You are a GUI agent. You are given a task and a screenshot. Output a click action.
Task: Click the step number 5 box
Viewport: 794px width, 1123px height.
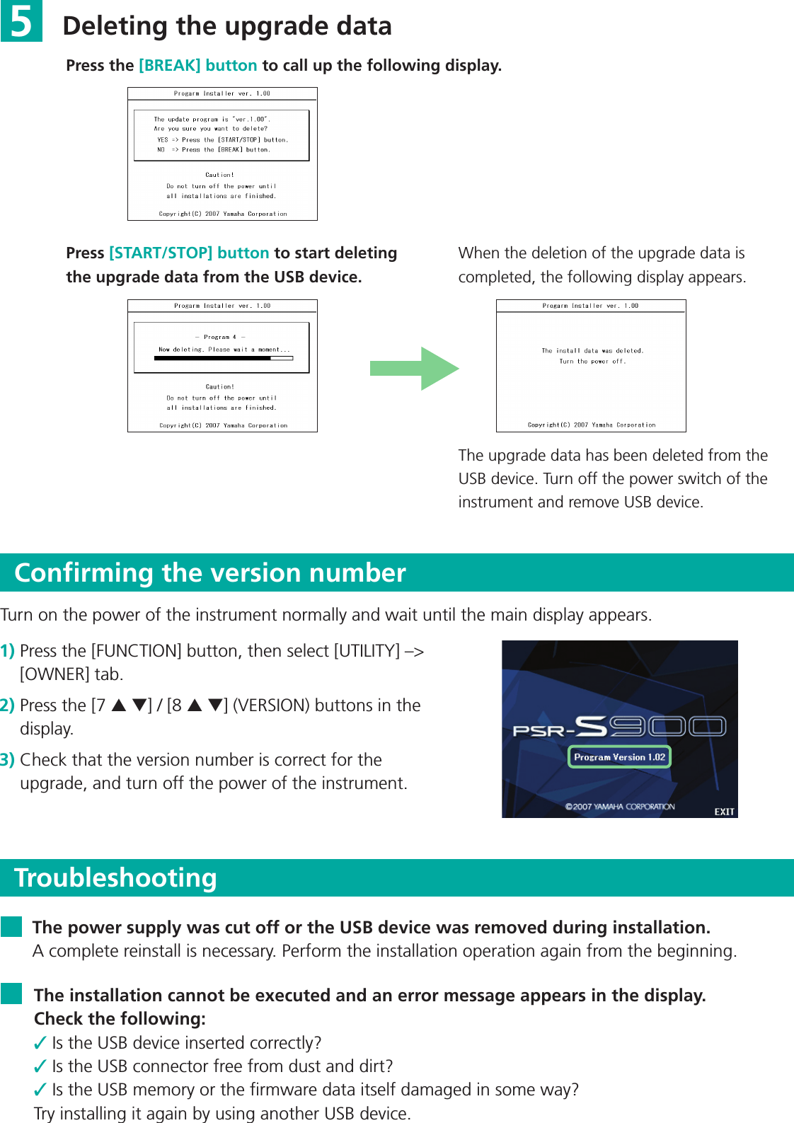[x=21, y=21]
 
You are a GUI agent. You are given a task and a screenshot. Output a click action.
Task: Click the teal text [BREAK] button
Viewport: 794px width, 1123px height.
[x=197, y=66]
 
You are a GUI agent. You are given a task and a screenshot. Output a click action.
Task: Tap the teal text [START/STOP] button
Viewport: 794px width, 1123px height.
[x=189, y=253]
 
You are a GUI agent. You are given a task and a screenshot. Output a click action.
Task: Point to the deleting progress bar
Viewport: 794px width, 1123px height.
[x=223, y=359]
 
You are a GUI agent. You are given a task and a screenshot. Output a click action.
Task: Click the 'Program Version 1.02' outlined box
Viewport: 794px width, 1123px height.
[x=619, y=757]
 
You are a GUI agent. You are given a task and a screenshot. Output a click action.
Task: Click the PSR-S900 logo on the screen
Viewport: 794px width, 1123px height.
[x=619, y=727]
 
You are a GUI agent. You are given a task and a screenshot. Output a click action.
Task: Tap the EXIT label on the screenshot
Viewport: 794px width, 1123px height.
[x=724, y=812]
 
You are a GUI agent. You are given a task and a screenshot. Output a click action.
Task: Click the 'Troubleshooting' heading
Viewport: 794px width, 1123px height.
[x=115, y=877]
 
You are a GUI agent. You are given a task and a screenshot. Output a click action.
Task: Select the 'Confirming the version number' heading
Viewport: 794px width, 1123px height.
[x=210, y=572]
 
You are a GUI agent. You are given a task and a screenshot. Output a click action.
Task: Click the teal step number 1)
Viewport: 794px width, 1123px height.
[x=8, y=651]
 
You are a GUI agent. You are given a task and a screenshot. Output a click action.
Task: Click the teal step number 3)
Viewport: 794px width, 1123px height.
[x=8, y=760]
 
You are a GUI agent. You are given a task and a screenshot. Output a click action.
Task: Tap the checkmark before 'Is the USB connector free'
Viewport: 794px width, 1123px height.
[x=40, y=1066]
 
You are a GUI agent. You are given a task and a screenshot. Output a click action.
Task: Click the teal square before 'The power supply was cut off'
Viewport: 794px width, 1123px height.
[x=11, y=927]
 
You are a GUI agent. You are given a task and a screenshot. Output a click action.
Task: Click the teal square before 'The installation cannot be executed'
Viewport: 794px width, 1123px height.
[x=11, y=994]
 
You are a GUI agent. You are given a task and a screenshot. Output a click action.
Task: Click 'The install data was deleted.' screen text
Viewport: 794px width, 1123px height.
[x=592, y=350]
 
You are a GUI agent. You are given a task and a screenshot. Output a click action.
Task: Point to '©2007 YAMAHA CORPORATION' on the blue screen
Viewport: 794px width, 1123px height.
[x=620, y=807]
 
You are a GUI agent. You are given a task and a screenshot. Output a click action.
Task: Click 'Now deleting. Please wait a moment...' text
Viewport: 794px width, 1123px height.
[x=224, y=350]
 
